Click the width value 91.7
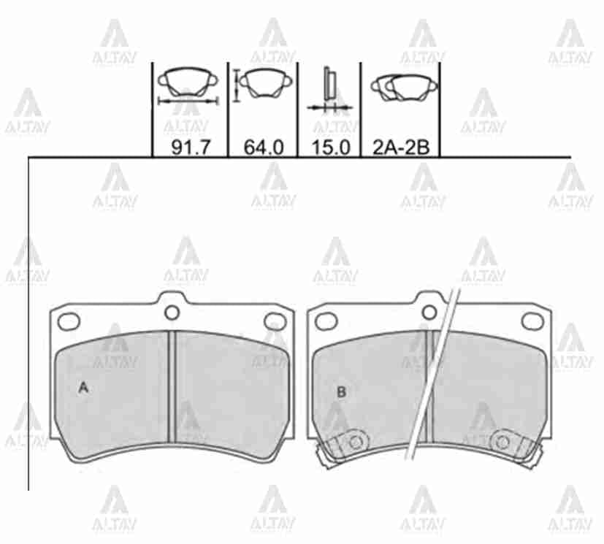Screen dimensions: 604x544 pos(191,147)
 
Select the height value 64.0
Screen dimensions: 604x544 pos(264,147)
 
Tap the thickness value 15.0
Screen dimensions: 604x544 pos(331,147)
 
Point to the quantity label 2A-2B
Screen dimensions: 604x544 pos(401,147)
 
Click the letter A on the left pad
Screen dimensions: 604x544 pos(83,388)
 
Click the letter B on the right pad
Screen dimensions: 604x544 pos(341,392)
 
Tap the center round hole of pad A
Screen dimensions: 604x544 pos(172,313)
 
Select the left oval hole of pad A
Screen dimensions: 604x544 pos(69,321)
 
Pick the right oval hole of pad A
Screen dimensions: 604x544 pos(275,321)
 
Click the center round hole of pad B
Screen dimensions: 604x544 pos(429,313)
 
